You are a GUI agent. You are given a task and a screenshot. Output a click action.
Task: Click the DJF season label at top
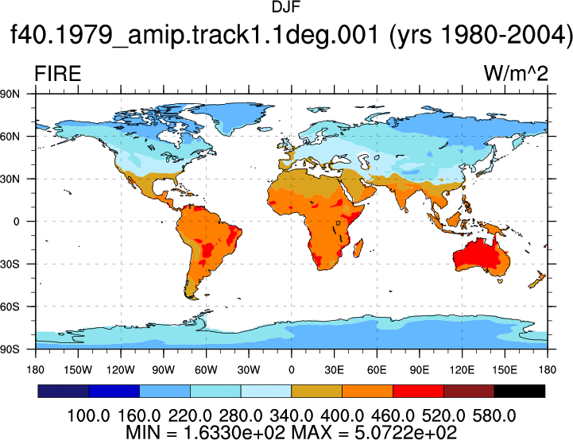pyautogui.click(x=286, y=6)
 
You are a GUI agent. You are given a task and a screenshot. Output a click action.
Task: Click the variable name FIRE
pyautogui.click(x=58, y=73)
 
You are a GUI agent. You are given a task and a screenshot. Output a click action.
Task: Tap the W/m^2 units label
pyautogui.click(x=516, y=73)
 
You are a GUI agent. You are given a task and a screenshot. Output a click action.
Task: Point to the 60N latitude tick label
pyautogui.click(x=10, y=137)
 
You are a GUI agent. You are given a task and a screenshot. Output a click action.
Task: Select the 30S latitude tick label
pyautogui.click(x=10, y=264)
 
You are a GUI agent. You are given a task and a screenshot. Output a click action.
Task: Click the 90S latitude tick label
pyautogui.click(x=10, y=349)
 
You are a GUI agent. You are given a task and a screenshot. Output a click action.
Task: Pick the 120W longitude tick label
pyautogui.click(x=121, y=370)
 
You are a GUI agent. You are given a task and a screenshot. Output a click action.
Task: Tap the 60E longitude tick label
pyautogui.click(x=377, y=370)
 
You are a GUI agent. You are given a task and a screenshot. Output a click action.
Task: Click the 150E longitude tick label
pyautogui.click(x=505, y=370)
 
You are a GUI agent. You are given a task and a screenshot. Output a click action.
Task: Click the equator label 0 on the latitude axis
pyautogui.click(x=16, y=222)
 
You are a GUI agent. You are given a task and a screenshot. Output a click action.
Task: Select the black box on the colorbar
pyautogui.click(x=519, y=391)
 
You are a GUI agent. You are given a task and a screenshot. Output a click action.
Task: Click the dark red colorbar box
pyautogui.click(x=469, y=391)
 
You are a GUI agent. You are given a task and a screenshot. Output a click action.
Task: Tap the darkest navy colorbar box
pyautogui.click(x=64, y=391)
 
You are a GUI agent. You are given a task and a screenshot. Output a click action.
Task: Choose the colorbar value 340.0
pyautogui.click(x=291, y=415)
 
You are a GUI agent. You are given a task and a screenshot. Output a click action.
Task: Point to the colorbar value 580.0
pyautogui.click(x=494, y=415)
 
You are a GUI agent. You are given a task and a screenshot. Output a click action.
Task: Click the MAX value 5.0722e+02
pyautogui.click(x=405, y=432)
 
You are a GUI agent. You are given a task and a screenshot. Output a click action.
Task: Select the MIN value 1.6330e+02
pyautogui.click(x=234, y=432)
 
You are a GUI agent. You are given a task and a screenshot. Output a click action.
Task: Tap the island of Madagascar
pyautogui.click(x=358, y=248)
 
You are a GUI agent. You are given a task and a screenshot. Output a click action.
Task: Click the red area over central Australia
pyautogui.click(x=475, y=254)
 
